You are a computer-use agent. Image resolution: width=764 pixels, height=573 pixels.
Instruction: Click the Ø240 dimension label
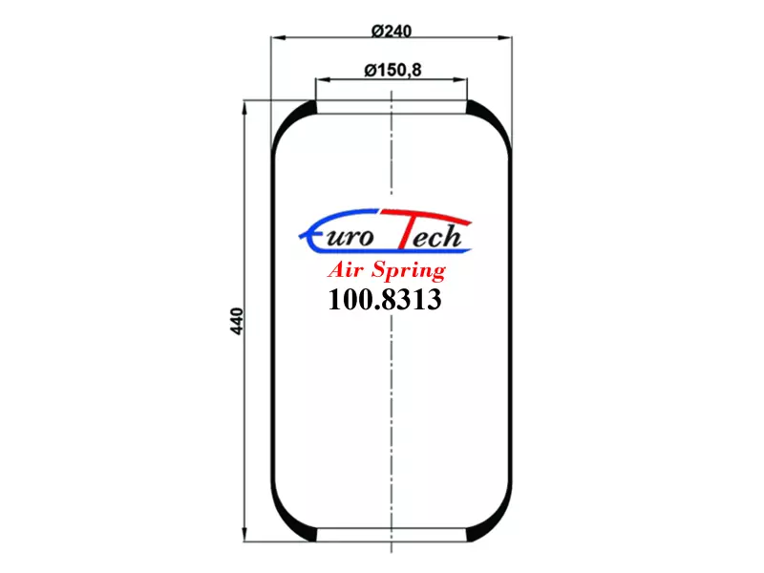(392, 32)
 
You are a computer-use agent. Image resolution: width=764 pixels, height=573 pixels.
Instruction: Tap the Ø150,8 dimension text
(393, 70)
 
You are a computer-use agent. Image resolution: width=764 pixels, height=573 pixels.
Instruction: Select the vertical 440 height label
(236, 321)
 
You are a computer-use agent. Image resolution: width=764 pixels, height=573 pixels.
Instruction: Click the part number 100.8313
(385, 299)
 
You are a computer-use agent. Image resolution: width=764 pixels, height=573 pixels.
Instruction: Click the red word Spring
(409, 271)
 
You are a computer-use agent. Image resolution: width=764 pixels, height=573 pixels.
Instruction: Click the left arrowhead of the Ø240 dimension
(278, 37)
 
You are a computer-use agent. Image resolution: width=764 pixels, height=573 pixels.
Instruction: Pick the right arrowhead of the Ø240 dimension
(505, 37)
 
